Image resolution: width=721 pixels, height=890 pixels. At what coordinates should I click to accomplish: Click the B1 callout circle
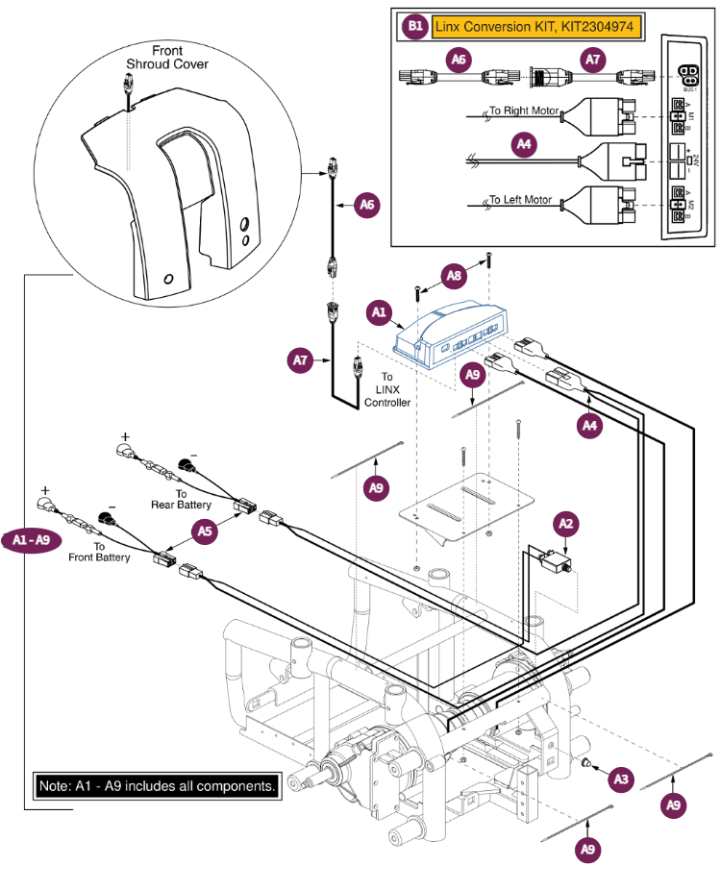(x=414, y=28)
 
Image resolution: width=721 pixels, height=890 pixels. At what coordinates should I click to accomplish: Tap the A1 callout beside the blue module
(x=378, y=312)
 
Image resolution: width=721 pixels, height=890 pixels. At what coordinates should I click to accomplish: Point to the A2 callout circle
(x=566, y=524)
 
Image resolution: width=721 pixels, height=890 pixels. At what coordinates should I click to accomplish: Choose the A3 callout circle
(x=622, y=776)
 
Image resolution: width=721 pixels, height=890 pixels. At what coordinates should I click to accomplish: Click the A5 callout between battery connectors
(x=203, y=530)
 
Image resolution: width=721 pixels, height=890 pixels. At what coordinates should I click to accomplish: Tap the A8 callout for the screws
(x=455, y=277)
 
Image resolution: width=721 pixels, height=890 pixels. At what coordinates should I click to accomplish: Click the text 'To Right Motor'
(x=523, y=111)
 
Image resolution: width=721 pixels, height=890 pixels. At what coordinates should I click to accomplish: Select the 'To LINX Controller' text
(x=385, y=389)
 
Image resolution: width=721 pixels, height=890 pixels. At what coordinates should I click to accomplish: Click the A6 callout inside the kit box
(x=460, y=60)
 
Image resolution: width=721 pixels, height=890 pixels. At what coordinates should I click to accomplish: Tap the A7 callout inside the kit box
(x=593, y=60)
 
